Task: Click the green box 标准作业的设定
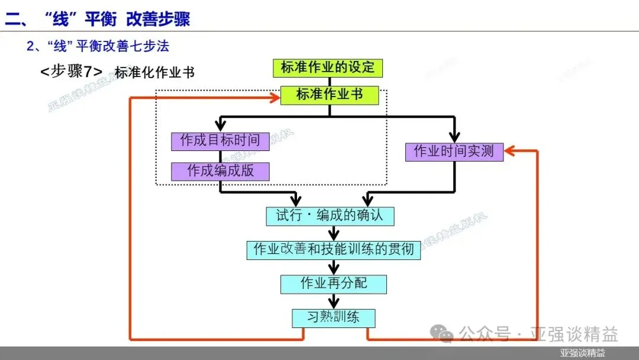click(327, 67)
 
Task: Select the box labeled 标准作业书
click(329, 95)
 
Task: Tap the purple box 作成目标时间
click(220, 141)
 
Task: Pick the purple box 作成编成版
click(220, 171)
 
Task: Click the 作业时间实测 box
click(454, 152)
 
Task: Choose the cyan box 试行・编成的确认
click(330, 216)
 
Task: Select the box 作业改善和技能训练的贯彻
click(334, 249)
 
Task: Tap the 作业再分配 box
click(334, 284)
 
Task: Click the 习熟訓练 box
click(334, 317)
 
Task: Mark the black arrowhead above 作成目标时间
click(220, 126)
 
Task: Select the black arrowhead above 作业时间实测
click(455, 137)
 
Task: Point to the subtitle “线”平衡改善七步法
click(98, 46)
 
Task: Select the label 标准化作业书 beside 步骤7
click(154, 73)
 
